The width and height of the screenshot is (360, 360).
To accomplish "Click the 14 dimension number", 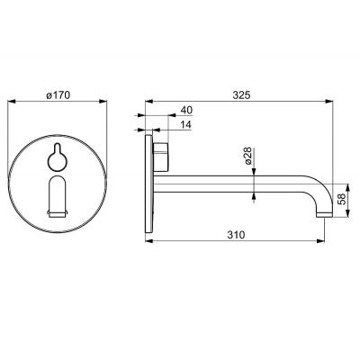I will tap(186, 126).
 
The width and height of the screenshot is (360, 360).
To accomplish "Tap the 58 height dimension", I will tap(341, 199).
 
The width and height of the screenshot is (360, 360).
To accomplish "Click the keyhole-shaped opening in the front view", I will tap(57, 158).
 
